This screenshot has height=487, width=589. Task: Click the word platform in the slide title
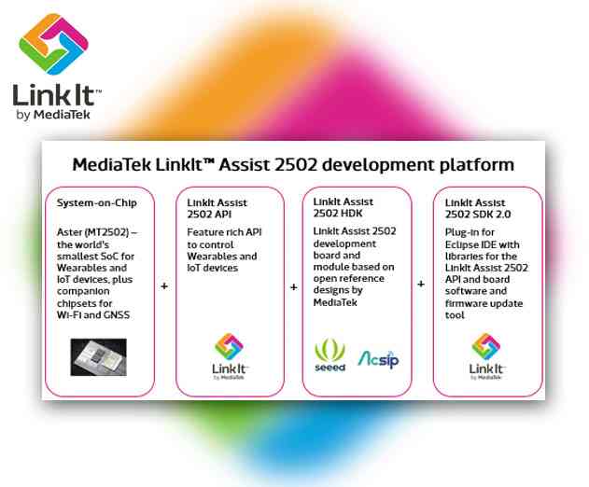click(475, 165)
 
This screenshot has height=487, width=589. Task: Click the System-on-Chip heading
click(97, 202)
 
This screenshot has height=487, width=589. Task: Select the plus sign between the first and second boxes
click(165, 285)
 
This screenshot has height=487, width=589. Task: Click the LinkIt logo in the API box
click(229, 346)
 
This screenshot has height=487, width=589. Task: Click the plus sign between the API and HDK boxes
click(293, 285)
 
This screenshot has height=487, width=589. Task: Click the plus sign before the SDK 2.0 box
click(421, 285)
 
